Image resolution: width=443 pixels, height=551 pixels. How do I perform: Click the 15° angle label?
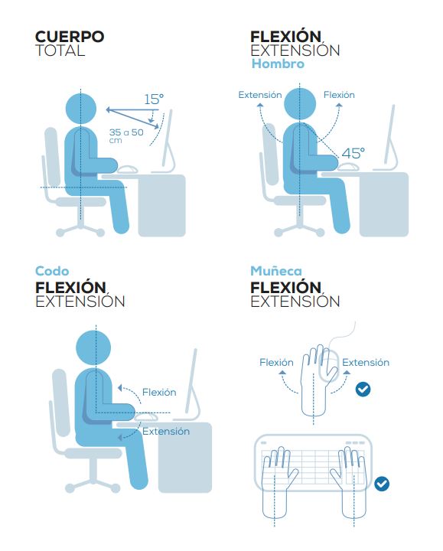pos(154,99)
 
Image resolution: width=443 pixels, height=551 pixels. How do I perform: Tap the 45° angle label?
pos(353,153)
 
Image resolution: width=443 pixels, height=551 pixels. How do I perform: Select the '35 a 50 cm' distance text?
pos(126,135)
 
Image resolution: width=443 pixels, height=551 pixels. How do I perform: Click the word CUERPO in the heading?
pos(70,37)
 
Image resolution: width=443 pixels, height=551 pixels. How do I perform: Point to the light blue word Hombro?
pos(278,64)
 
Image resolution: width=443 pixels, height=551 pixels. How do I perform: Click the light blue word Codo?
pos(52,271)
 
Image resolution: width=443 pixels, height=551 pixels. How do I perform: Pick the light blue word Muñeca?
pos(276,271)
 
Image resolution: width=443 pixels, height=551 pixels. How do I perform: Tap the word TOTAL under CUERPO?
pos(60,51)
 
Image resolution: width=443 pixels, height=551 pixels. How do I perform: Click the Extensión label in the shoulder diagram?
pos(260,95)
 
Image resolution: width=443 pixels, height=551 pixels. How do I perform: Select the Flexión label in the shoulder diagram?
pos(339,95)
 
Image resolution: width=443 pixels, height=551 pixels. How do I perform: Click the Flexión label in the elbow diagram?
pos(159,392)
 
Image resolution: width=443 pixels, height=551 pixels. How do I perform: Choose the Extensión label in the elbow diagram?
pos(166,431)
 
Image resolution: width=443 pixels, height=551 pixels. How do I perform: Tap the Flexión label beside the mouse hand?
pos(276,362)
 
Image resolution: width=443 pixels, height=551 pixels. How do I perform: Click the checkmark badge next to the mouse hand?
pos(363,390)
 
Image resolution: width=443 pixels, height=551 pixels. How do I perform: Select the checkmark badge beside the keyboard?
pos(382,484)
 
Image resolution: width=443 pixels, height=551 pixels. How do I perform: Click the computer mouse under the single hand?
pos(328,366)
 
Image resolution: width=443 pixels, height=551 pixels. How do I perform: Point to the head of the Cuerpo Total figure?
pos(81,109)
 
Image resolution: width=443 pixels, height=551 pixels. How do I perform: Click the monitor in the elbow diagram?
pos(192,383)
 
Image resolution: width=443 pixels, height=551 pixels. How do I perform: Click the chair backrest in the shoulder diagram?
pos(271,154)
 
